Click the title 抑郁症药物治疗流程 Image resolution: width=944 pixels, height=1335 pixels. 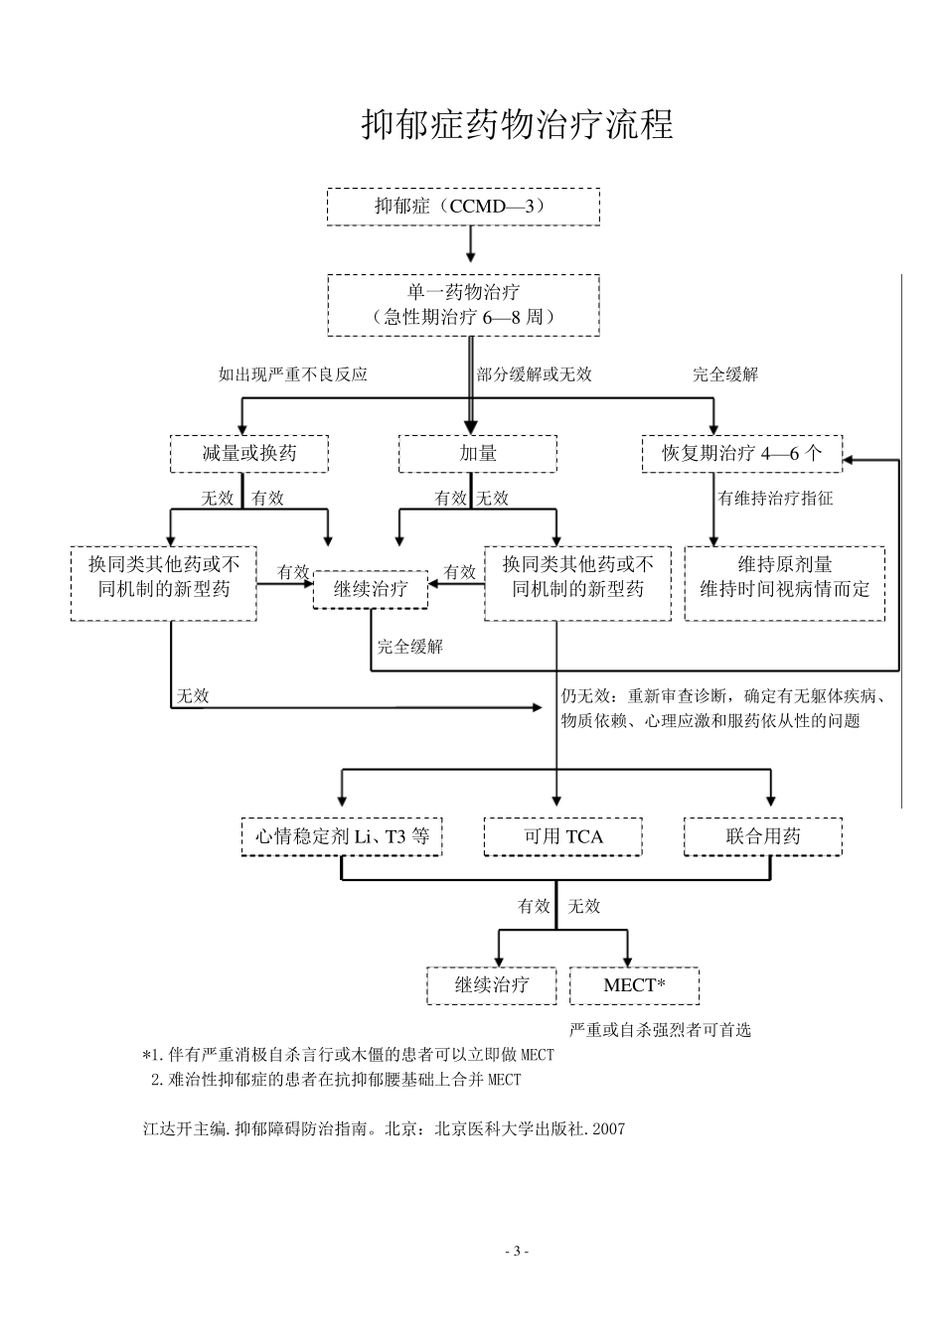click(x=517, y=125)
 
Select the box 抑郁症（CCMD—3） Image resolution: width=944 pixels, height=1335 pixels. click(x=463, y=207)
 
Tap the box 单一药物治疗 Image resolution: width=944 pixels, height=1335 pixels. click(x=463, y=305)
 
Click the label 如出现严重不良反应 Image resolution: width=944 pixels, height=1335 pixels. click(x=293, y=374)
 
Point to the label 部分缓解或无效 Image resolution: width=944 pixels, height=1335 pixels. click(x=535, y=374)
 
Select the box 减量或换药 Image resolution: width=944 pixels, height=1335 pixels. click(x=249, y=454)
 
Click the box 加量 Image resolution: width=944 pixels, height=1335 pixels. click(x=477, y=454)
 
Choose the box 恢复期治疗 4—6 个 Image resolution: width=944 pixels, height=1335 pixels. click(x=741, y=454)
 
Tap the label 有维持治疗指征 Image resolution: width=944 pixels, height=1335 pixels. click(x=776, y=499)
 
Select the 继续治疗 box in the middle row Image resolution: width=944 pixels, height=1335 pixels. click(x=371, y=589)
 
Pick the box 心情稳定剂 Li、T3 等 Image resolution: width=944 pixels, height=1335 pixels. click(x=342, y=836)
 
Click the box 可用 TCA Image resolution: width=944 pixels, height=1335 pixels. click(x=563, y=836)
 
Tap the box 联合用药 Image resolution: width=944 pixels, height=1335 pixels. click(x=763, y=836)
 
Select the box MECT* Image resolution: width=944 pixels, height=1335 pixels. click(x=634, y=985)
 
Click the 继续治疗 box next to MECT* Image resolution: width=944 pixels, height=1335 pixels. click(x=492, y=985)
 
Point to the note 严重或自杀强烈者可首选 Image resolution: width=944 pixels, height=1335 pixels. click(x=660, y=1030)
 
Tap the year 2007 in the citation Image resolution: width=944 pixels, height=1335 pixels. click(x=608, y=1129)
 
